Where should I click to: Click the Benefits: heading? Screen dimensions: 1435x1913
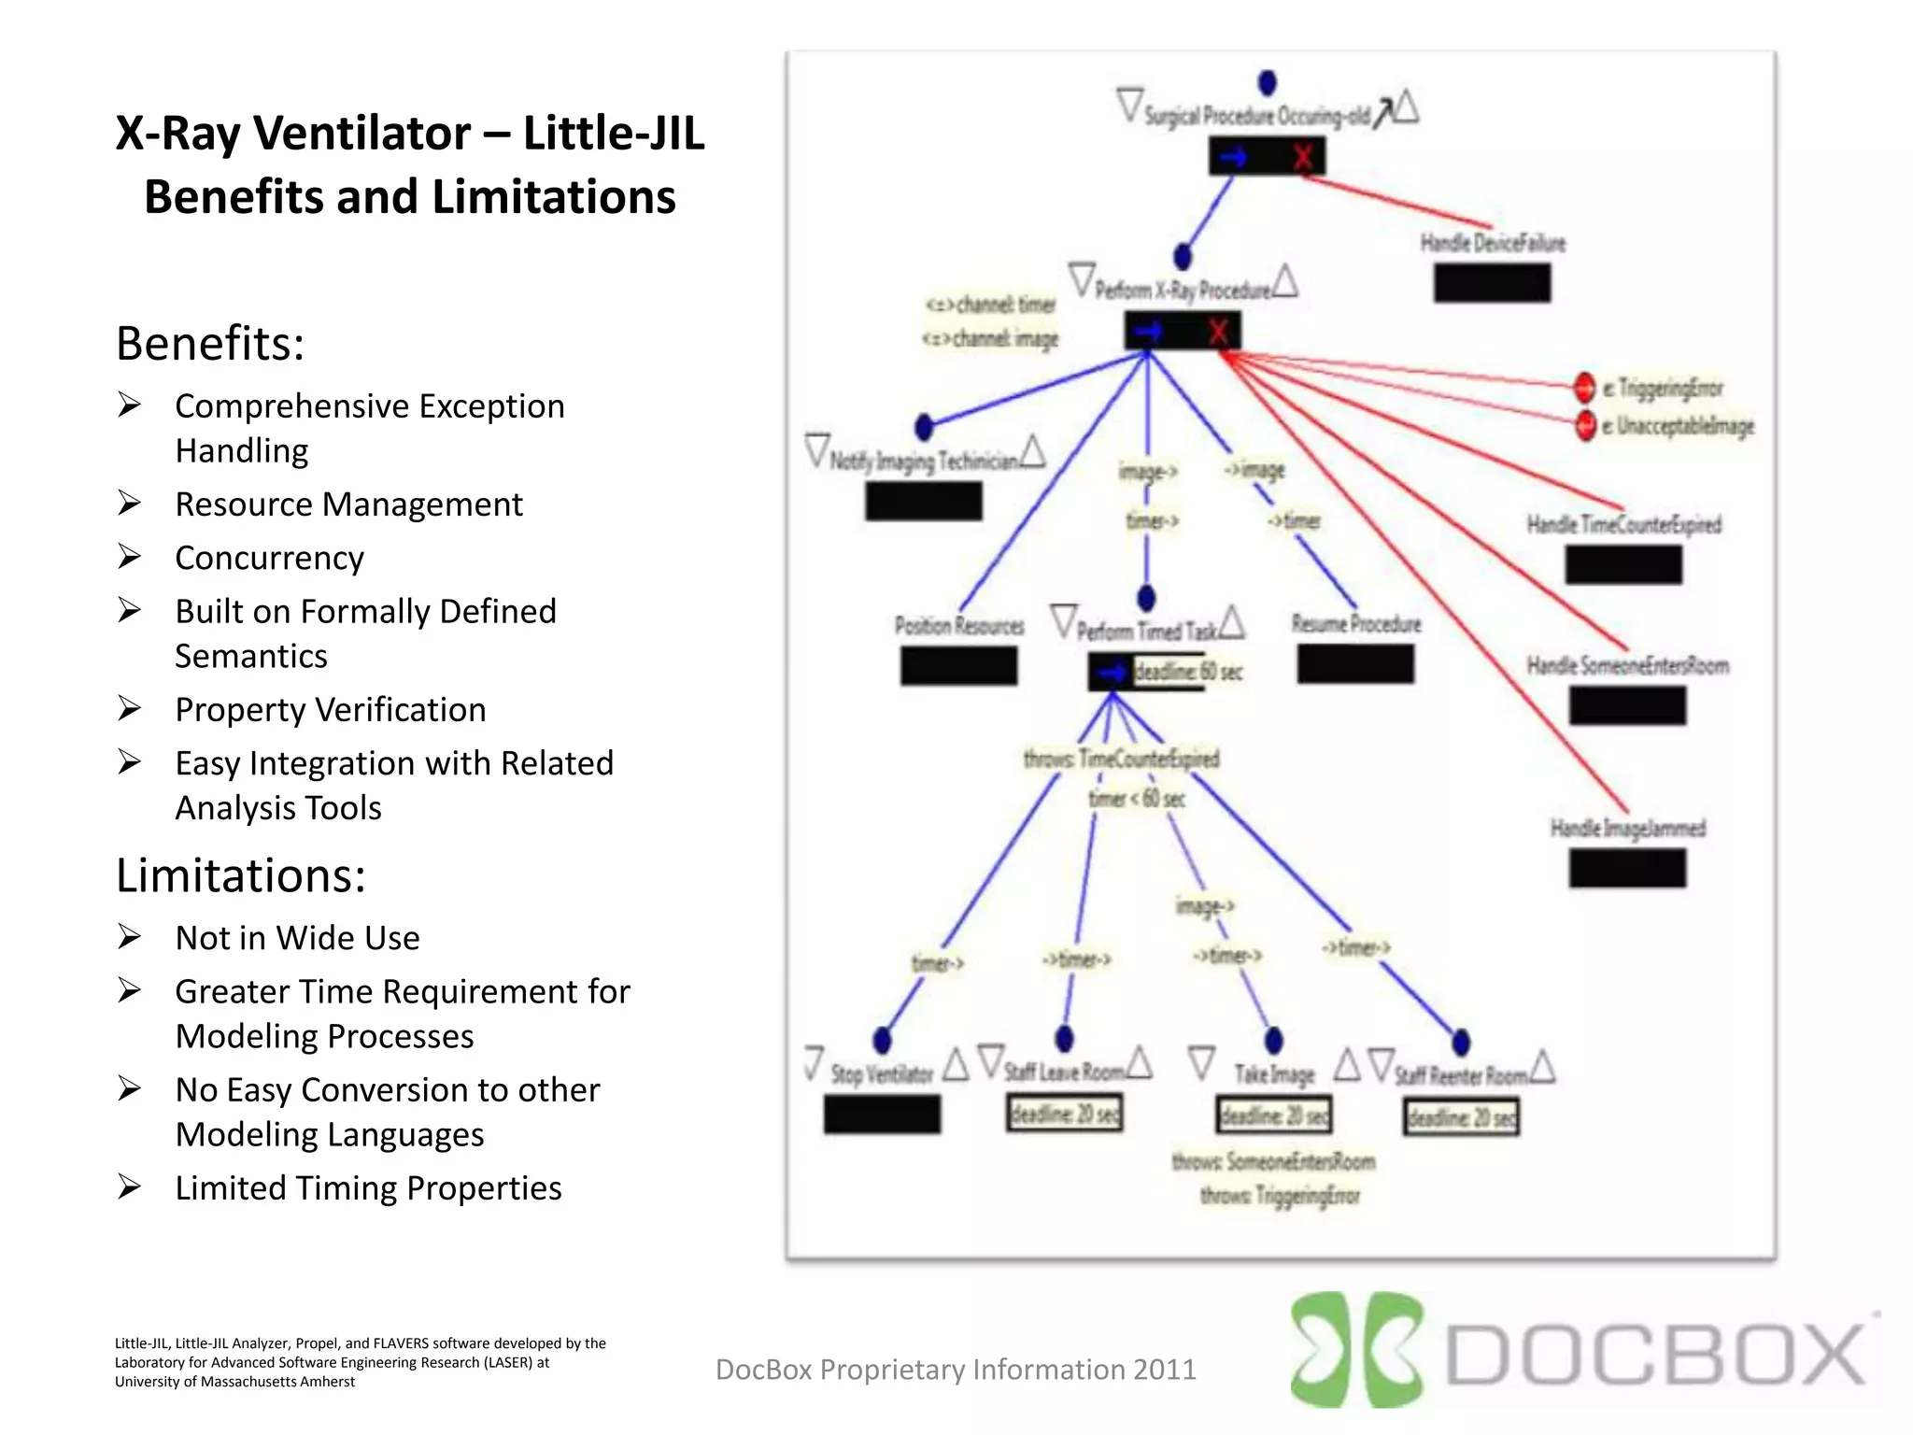point(210,343)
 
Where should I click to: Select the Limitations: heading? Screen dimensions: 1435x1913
point(240,875)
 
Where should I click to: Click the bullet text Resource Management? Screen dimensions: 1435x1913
point(348,504)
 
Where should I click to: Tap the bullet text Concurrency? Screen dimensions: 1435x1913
point(269,558)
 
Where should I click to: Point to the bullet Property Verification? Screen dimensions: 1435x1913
point(330,710)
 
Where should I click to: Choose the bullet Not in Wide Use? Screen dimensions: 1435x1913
point(297,938)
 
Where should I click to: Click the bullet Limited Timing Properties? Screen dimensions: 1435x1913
point(368,1188)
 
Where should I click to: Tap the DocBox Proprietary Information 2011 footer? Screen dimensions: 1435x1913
point(955,1370)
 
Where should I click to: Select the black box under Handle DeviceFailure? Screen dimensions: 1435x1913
point(1492,283)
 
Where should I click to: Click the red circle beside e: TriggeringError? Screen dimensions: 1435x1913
point(1584,386)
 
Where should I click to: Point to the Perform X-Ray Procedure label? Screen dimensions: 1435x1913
point(1182,290)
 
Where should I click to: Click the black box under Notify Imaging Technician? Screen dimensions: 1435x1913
point(923,501)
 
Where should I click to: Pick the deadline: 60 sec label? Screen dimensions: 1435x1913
point(1187,672)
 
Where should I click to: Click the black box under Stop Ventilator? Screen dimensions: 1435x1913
point(882,1114)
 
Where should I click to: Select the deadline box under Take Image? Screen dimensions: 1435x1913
point(1273,1115)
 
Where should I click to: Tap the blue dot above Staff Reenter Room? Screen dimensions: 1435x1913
point(1461,1042)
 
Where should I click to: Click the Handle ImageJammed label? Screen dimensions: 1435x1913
point(1627,829)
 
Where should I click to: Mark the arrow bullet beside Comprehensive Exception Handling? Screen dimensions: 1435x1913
point(129,405)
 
